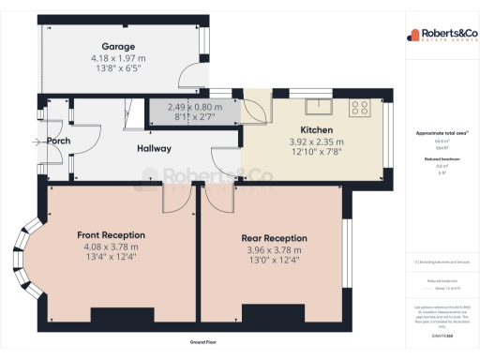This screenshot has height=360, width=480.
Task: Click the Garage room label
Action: tap(118, 46)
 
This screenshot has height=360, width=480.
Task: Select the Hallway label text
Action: tap(155, 148)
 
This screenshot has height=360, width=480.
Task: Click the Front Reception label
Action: tap(112, 234)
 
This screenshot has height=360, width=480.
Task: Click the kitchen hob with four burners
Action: tap(361, 108)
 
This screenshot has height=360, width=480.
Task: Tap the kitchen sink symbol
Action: tap(320, 103)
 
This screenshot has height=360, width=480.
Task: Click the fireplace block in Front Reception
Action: tap(117, 314)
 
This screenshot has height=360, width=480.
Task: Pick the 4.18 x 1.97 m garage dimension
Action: tap(118, 58)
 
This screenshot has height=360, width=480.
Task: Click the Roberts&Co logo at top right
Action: tap(437, 37)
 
